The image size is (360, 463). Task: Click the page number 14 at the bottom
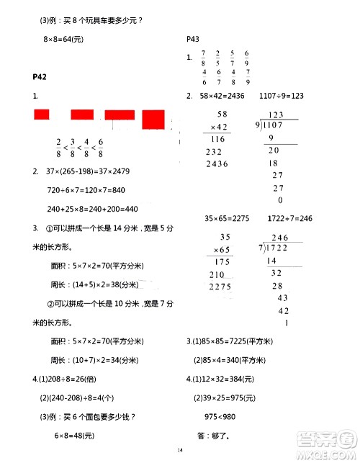[x=180, y=450]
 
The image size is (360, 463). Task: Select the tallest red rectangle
[x=153, y=118]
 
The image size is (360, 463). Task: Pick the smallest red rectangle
[x=41, y=114]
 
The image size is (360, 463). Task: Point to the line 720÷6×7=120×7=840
[x=86, y=189]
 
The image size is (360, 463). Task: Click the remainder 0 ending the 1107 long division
[x=279, y=201]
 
